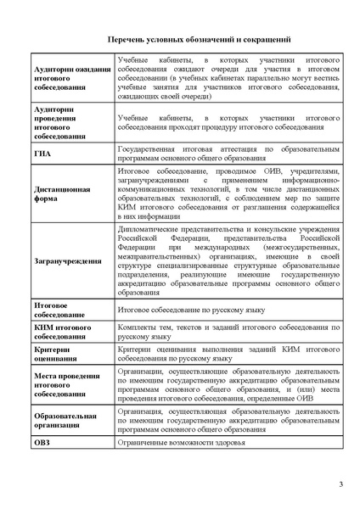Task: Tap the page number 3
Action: [340, 484]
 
